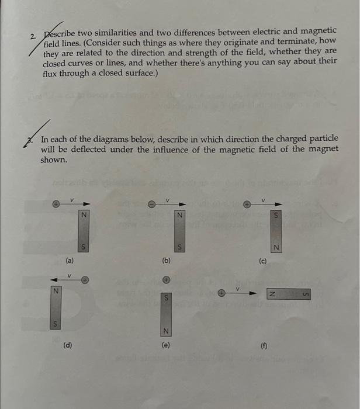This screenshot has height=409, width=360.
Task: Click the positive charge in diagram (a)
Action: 57,204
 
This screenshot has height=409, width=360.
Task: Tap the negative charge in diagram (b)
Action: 151,204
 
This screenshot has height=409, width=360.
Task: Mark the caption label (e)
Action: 165,345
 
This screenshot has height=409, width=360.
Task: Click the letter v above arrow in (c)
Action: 264,199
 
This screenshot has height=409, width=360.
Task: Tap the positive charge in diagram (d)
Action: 85,279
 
